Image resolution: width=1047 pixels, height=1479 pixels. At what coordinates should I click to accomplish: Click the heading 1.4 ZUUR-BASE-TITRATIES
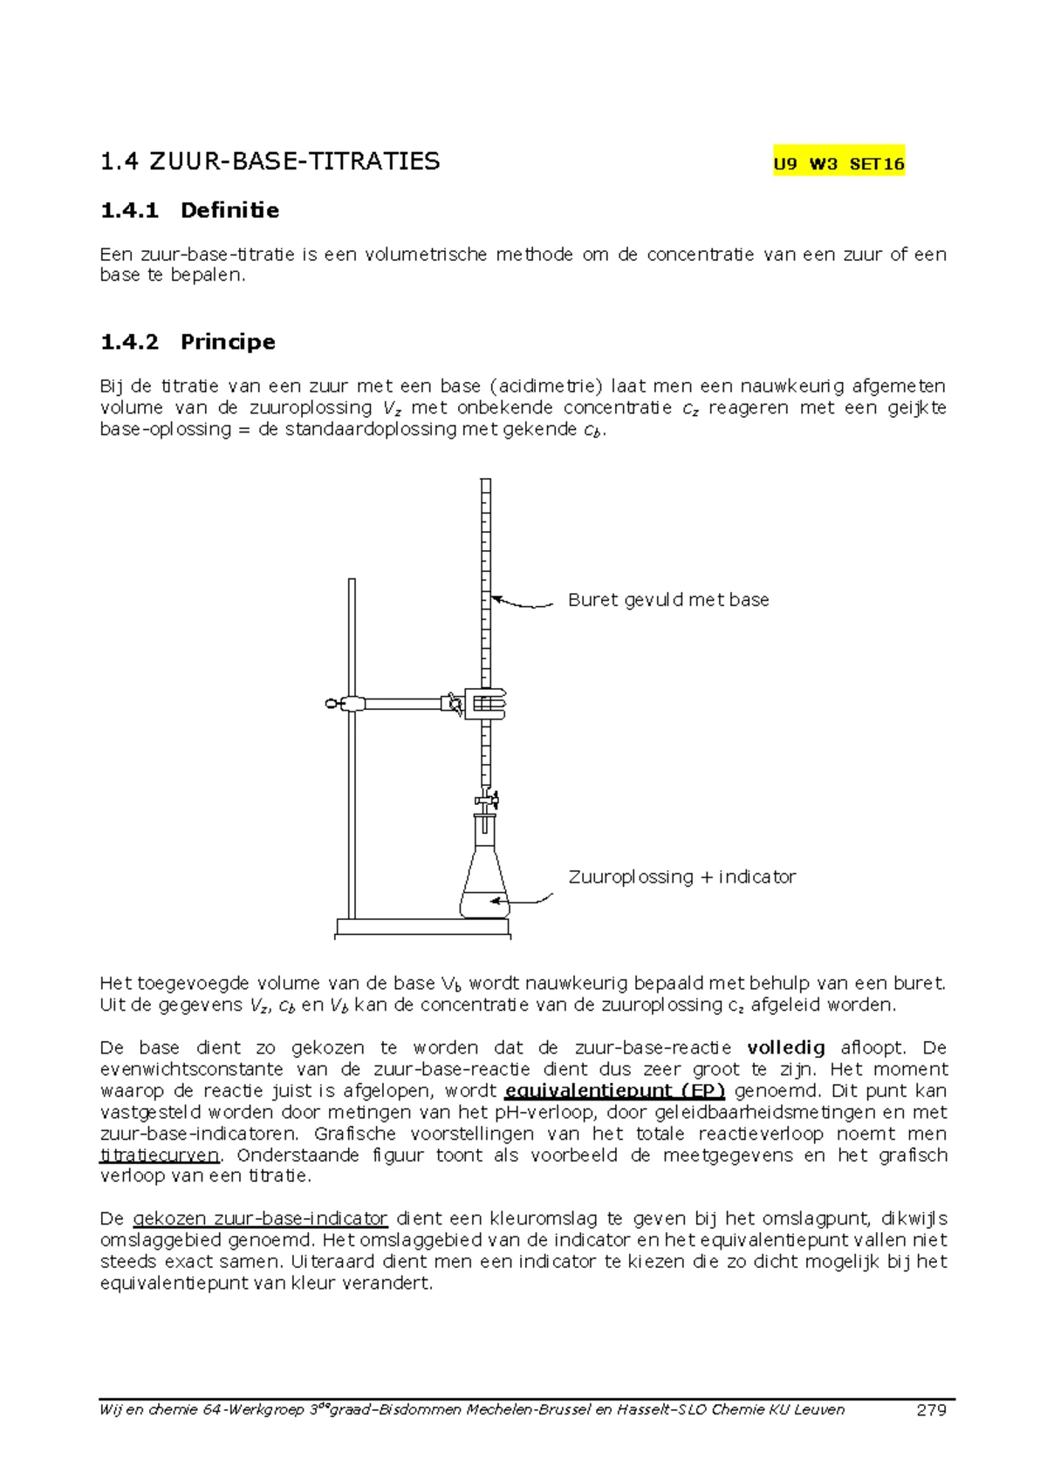tap(270, 161)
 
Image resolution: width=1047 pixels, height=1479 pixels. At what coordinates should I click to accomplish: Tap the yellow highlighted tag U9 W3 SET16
tap(838, 163)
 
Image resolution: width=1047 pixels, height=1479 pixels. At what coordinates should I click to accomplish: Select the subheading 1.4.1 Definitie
tap(189, 210)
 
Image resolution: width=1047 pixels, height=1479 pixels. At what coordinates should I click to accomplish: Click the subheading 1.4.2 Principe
tap(188, 342)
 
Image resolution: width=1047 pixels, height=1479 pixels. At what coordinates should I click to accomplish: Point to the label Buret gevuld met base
tap(668, 600)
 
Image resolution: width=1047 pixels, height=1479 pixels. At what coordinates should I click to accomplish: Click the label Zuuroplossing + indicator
tap(681, 877)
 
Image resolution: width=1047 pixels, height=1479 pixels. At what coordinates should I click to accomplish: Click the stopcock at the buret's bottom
tap(487, 798)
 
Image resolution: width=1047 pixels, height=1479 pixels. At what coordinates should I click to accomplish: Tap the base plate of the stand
tap(423, 927)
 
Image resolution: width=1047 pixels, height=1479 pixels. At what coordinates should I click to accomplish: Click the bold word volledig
tap(786, 1048)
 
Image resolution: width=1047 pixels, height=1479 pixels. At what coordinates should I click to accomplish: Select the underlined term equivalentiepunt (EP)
tap(615, 1091)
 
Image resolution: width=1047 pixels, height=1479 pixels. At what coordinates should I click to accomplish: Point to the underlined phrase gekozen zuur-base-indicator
tap(260, 1219)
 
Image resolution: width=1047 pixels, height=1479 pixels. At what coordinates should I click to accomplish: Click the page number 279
tap(931, 1410)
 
